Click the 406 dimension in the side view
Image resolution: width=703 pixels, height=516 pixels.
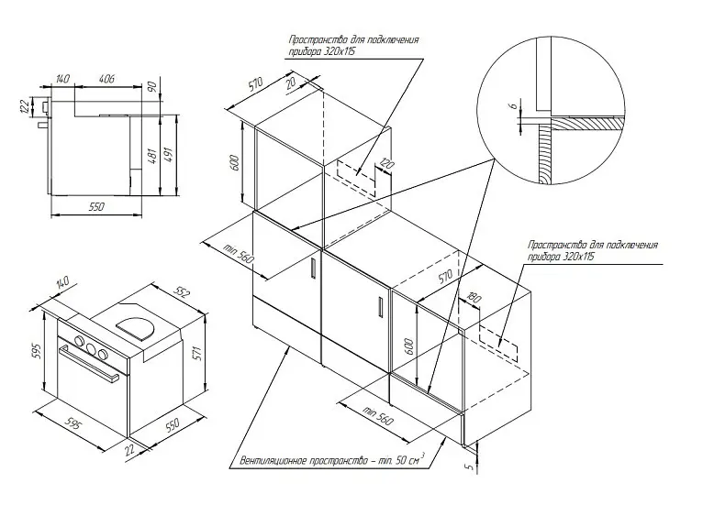[x=106, y=79]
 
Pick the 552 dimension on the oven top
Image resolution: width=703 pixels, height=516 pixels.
[x=183, y=292]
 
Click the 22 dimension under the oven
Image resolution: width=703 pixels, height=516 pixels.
[x=129, y=449]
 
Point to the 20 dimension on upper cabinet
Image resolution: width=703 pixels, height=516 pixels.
[x=290, y=83]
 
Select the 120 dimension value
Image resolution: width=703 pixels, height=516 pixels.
[x=386, y=164]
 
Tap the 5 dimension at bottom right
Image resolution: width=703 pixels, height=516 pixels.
[x=469, y=467]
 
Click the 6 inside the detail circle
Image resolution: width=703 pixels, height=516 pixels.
[x=515, y=105]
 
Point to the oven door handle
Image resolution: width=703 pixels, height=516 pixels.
[x=89, y=363]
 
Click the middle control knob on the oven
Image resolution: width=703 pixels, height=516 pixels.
[x=92, y=348]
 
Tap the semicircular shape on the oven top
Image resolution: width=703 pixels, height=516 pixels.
[x=137, y=327]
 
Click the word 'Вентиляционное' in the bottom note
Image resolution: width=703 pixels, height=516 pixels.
[x=273, y=461]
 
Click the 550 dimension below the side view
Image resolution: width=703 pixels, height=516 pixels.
[x=96, y=206]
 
